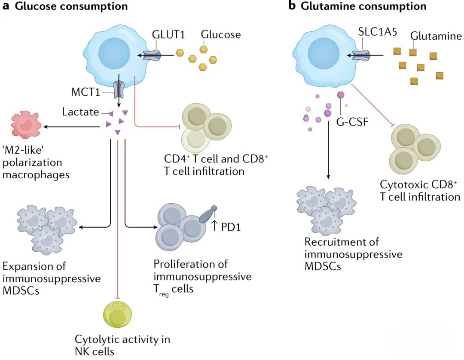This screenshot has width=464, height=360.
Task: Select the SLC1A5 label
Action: (x=377, y=32)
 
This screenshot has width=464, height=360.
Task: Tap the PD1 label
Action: (x=231, y=226)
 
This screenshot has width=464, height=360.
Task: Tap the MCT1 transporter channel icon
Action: (x=117, y=89)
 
